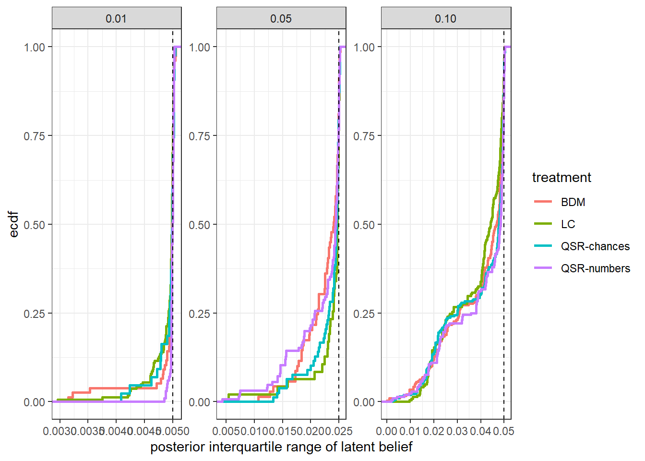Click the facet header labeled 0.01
coord(116,19)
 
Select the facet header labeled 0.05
coord(281,19)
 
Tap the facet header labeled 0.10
coord(445,19)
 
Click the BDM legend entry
coord(573,202)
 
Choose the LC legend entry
coord(568,224)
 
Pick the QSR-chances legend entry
coord(595,246)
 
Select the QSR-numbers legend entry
coord(595,268)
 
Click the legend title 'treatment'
coord(561,178)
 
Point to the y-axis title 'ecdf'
coord(14,224)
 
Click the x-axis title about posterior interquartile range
coord(281,447)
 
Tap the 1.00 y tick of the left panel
coord(35,47)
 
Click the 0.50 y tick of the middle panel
coord(199,225)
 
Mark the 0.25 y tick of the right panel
coord(364,314)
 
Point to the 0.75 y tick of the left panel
coord(35,136)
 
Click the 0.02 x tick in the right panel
coord(433,431)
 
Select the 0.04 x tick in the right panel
coord(480,431)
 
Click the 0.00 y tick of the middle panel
coord(199,402)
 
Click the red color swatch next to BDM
coord(543,202)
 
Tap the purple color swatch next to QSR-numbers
coord(543,268)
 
